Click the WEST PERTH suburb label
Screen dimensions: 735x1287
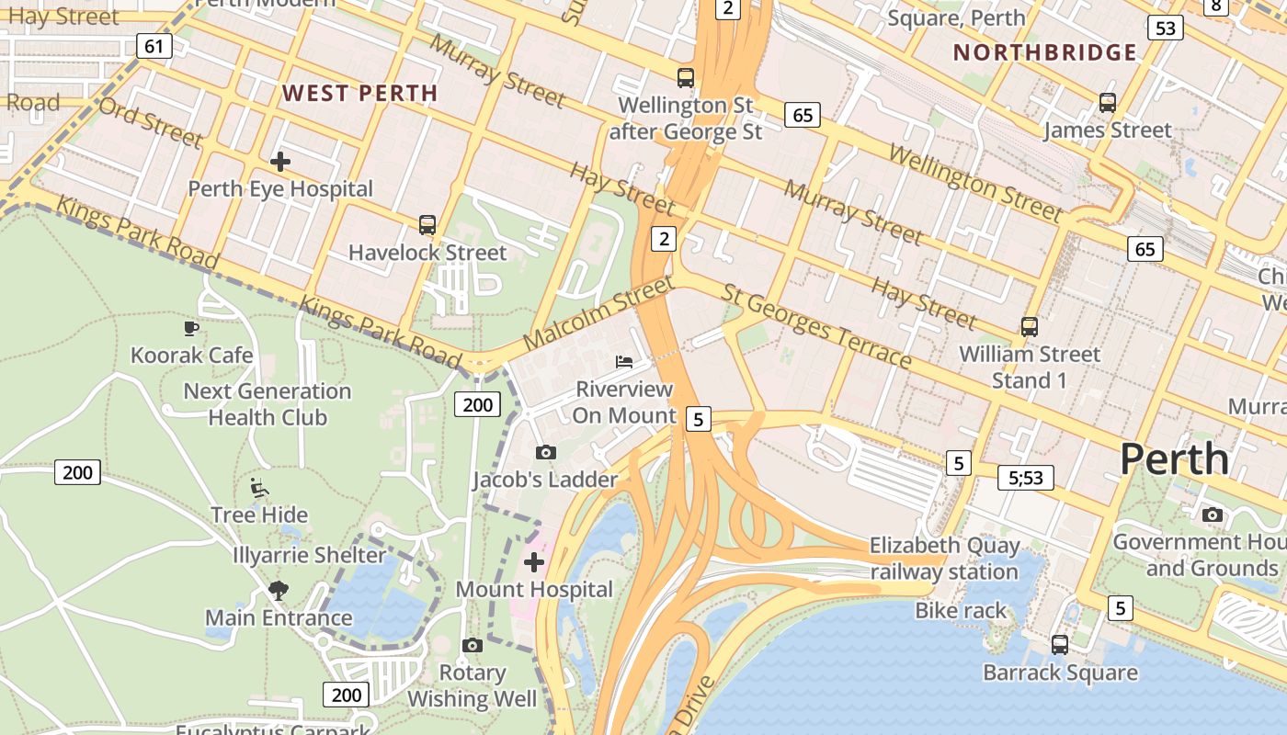(x=359, y=93)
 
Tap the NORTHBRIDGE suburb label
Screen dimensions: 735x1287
(x=1045, y=52)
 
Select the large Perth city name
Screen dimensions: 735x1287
(x=1174, y=458)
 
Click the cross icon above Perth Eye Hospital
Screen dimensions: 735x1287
(x=280, y=162)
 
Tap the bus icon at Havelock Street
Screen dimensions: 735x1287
(x=427, y=224)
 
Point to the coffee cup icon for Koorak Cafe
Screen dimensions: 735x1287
(x=191, y=328)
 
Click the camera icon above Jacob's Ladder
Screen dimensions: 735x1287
(x=545, y=452)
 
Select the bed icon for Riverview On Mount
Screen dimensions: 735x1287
(x=624, y=361)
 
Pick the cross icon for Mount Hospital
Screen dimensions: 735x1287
(x=534, y=561)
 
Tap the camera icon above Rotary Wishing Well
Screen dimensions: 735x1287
(x=473, y=645)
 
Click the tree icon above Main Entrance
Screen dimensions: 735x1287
(x=279, y=590)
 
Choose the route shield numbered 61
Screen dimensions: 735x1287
(x=154, y=45)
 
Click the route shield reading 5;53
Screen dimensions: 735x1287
(x=1026, y=477)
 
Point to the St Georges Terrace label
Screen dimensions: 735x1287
(x=816, y=325)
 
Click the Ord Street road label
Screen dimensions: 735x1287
(x=150, y=122)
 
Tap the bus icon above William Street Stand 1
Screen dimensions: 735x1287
(x=1030, y=326)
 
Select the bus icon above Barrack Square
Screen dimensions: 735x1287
(x=1060, y=644)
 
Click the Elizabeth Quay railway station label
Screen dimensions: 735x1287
(x=944, y=559)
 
